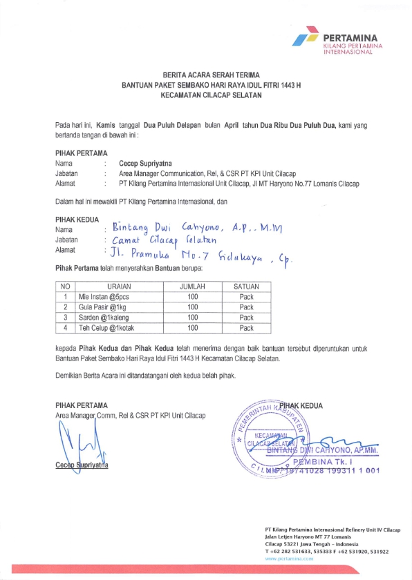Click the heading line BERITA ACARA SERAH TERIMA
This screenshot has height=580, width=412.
(206, 72)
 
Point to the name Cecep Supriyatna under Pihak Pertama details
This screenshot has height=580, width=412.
(144, 164)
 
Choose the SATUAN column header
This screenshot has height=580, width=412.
(246, 286)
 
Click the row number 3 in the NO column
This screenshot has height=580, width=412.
(64, 318)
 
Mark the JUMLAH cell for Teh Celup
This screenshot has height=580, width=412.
(193, 328)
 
